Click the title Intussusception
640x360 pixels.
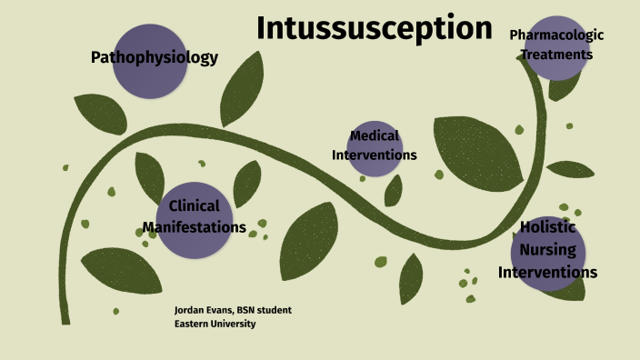[374, 28]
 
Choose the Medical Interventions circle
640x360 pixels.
[374, 146]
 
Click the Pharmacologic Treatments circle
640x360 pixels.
[555, 46]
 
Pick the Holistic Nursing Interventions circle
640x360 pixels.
[547, 252]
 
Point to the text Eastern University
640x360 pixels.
[215, 324]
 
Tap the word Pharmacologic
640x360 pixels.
[555, 35]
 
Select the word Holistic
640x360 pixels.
[548, 227]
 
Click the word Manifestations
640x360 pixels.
[195, 227]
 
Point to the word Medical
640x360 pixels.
[374, 136]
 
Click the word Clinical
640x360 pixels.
[195, 206]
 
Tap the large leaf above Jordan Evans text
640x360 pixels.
[120, 270]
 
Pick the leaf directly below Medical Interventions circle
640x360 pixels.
[393, 190]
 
